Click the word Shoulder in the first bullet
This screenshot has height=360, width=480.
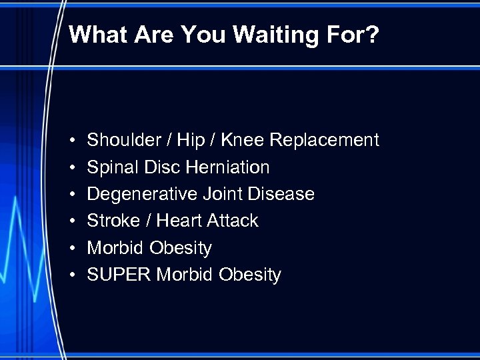coord(124,140)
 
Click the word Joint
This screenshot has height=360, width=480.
coord(222,194)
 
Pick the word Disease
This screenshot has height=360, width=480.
coord(281,194)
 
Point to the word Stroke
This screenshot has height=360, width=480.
coord(112,221)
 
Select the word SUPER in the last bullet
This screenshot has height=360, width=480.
coord(119,275)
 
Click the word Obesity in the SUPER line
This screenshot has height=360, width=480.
coord(251,275)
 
